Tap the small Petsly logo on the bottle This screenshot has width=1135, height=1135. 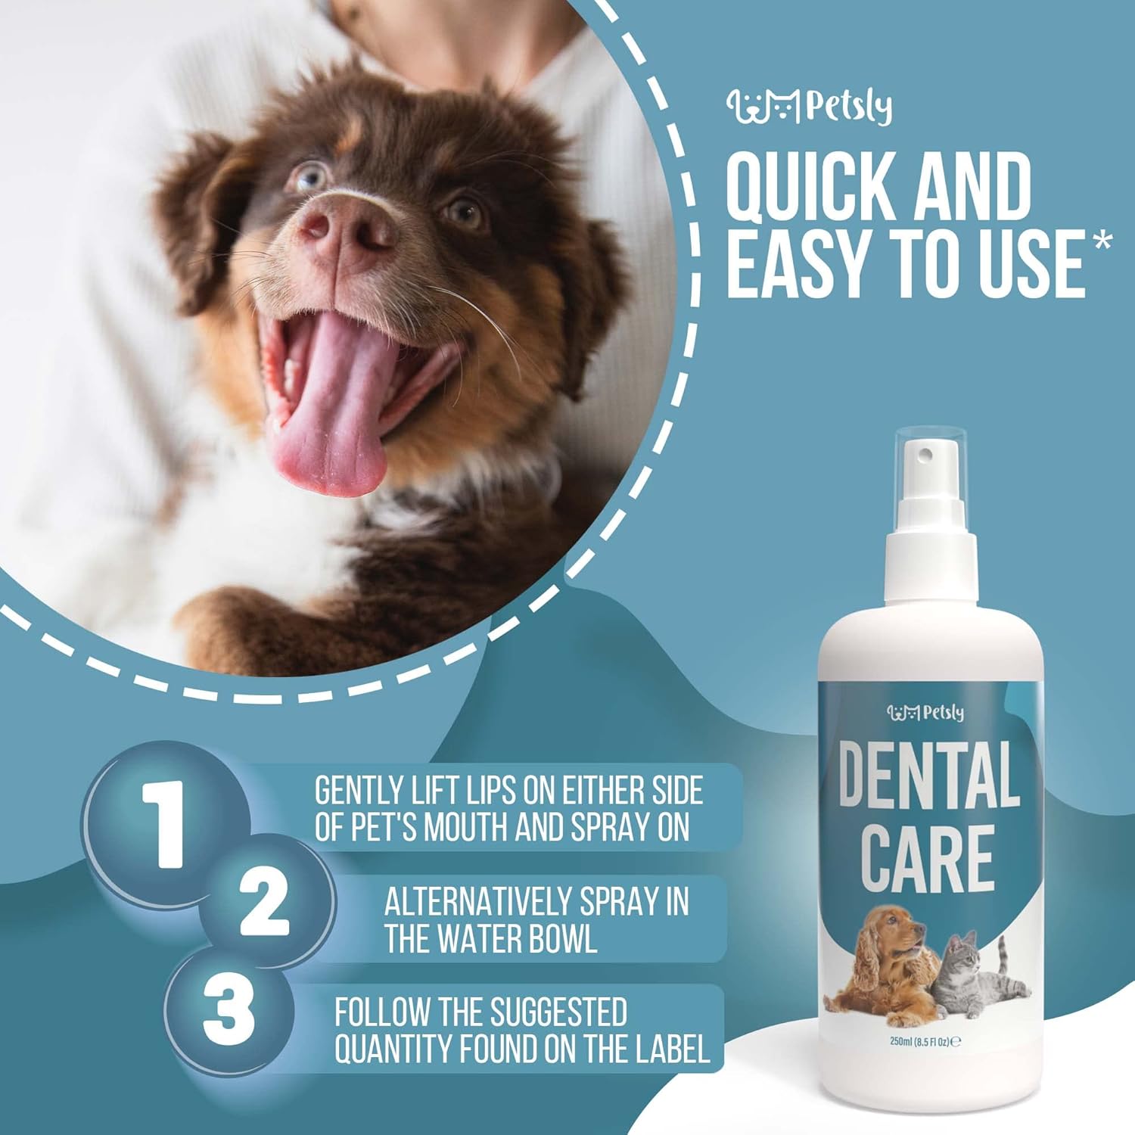pos(926,712)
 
